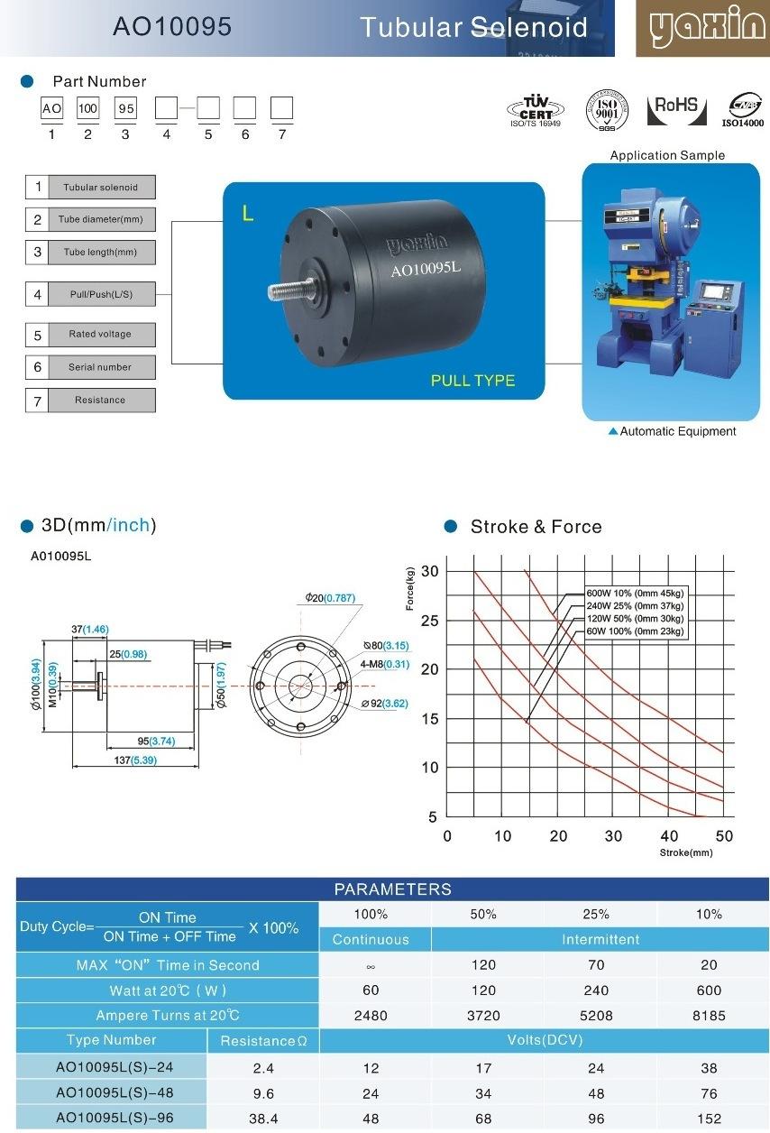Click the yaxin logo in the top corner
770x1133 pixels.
click(x=702, y=28)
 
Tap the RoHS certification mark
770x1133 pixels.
click(x=676, y=110)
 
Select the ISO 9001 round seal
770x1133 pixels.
click(x=607, y=110)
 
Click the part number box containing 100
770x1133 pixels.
click(x=87, y=107)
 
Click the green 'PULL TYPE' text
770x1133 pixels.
click(x=472, y=381)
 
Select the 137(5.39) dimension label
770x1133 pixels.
click(x=135, y=760)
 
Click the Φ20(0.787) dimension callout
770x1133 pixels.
click(x=330, y=597)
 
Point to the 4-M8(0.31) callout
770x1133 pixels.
click(x=385, y=664)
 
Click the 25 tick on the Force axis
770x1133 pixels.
click(x=429, y=621)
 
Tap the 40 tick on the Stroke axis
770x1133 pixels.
click(x=668, y=835)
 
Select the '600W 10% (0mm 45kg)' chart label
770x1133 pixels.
click(x=635, y=593)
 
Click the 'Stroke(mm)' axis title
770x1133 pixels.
click(x=686, y=852)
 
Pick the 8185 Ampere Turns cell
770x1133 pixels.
click(x=709, y=1015)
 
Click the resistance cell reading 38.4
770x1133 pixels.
click(x=263, y=1119)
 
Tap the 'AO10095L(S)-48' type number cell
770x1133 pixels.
click(x=115, y=1093)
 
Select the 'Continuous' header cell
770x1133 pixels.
click(x=371, y=939)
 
